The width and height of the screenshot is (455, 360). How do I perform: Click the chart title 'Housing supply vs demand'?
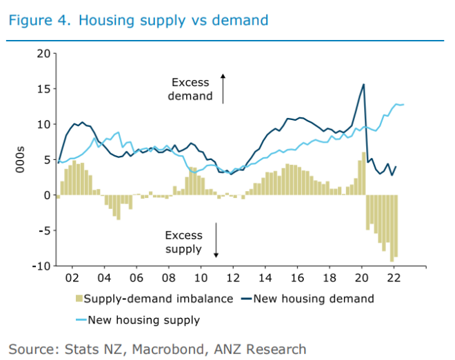coord(173,19)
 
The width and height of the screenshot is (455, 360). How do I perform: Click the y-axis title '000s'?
coord(19,159)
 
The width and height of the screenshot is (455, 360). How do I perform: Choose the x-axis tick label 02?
coord(72,278)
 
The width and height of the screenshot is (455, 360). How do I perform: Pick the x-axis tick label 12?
coord(233,278)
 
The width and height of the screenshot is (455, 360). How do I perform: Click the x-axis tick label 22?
coord(394,278)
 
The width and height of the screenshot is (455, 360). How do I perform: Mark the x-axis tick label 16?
coord(297,278)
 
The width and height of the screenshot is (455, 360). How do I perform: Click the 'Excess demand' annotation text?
coord(190,90)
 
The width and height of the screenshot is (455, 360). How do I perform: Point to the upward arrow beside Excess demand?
coord(223,88)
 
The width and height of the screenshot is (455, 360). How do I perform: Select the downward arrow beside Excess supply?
coord(216,240)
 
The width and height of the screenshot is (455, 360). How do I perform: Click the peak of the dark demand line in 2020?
coord(363,85)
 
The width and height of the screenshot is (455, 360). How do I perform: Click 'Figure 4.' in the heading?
coord(39,19)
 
